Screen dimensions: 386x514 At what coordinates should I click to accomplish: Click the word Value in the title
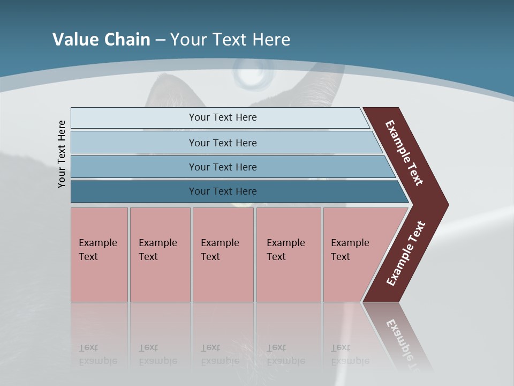(75, 40)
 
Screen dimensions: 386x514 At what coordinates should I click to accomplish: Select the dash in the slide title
(160, 40)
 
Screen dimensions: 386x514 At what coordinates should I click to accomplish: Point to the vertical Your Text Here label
(62, 154)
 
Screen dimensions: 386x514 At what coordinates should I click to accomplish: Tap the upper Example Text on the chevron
(404, 153)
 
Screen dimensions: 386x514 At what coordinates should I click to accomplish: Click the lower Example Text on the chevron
(406, 254)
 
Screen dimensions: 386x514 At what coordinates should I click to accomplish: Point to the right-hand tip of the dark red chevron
(447, 205)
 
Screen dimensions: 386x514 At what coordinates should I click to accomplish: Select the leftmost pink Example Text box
(99, 255)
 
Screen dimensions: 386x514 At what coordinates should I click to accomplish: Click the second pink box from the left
(160, 255)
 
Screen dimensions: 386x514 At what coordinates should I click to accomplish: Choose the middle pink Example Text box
(223, 255)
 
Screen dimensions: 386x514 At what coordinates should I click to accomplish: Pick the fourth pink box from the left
(289, 255)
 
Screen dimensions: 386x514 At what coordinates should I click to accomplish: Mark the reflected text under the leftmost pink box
(97, 354)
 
